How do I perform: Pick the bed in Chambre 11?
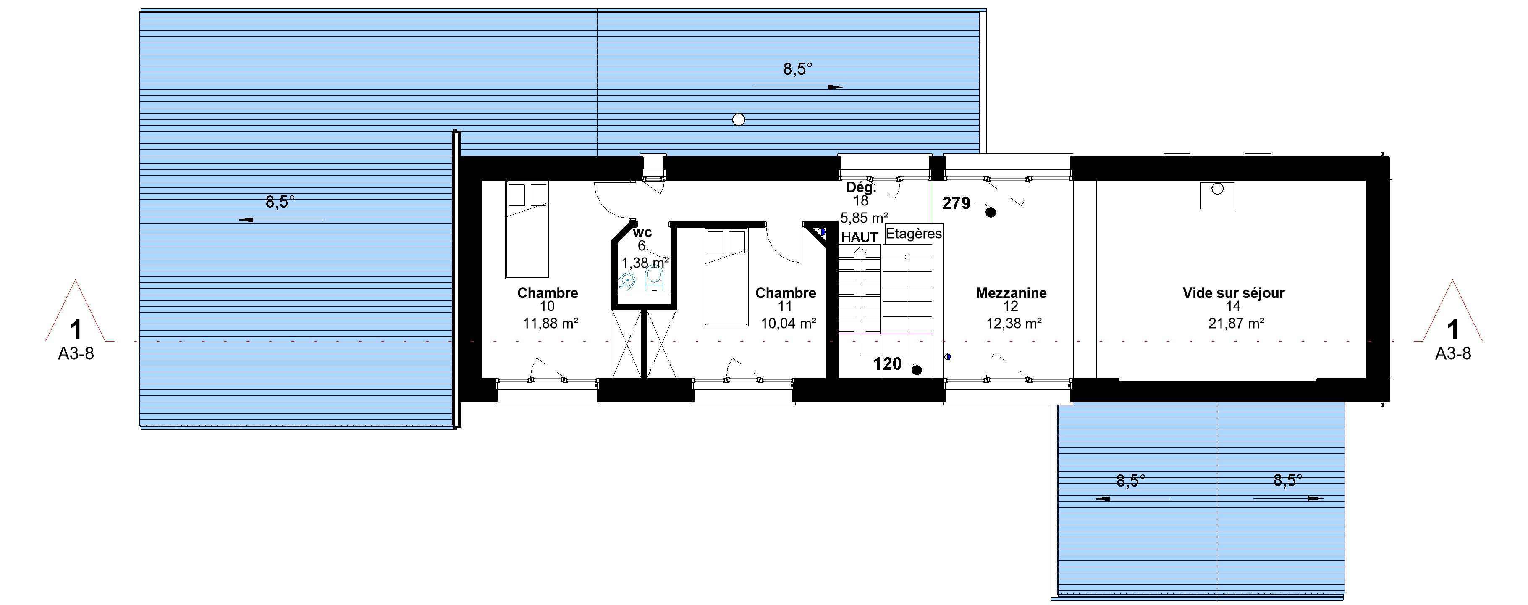click(x=726, y=278)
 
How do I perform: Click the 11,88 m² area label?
click(x=550, y=324)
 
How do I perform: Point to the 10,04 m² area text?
click(x=788, y=324)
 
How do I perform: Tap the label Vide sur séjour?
click(x=1233, y=293)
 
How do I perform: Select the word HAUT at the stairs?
click(x=860, y=237)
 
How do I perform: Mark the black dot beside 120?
click(x=917, y=370)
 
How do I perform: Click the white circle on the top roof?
click(x=739, y=120)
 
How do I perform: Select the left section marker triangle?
click(x=75, y=315)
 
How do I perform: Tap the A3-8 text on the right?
click(x=1453, y=354)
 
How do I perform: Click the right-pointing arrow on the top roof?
click(x=798, y=87)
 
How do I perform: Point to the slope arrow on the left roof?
click(x=281, y=220)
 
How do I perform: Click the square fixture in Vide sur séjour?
click(x=1217, y=195)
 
